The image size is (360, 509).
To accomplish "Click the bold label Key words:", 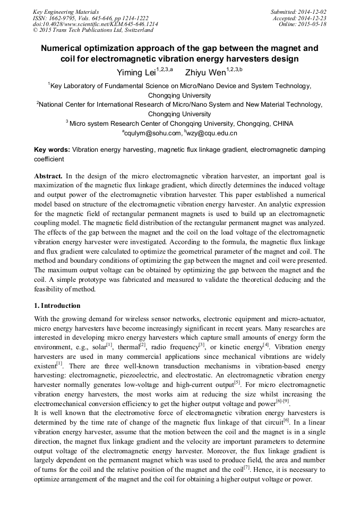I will click(52, 150).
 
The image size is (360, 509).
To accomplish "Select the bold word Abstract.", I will click(49, 176).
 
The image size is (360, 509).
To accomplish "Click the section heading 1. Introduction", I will click(57, 306).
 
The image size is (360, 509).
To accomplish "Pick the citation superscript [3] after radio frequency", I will click(201, 344).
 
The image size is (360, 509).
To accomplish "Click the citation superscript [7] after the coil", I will click(246, 467).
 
